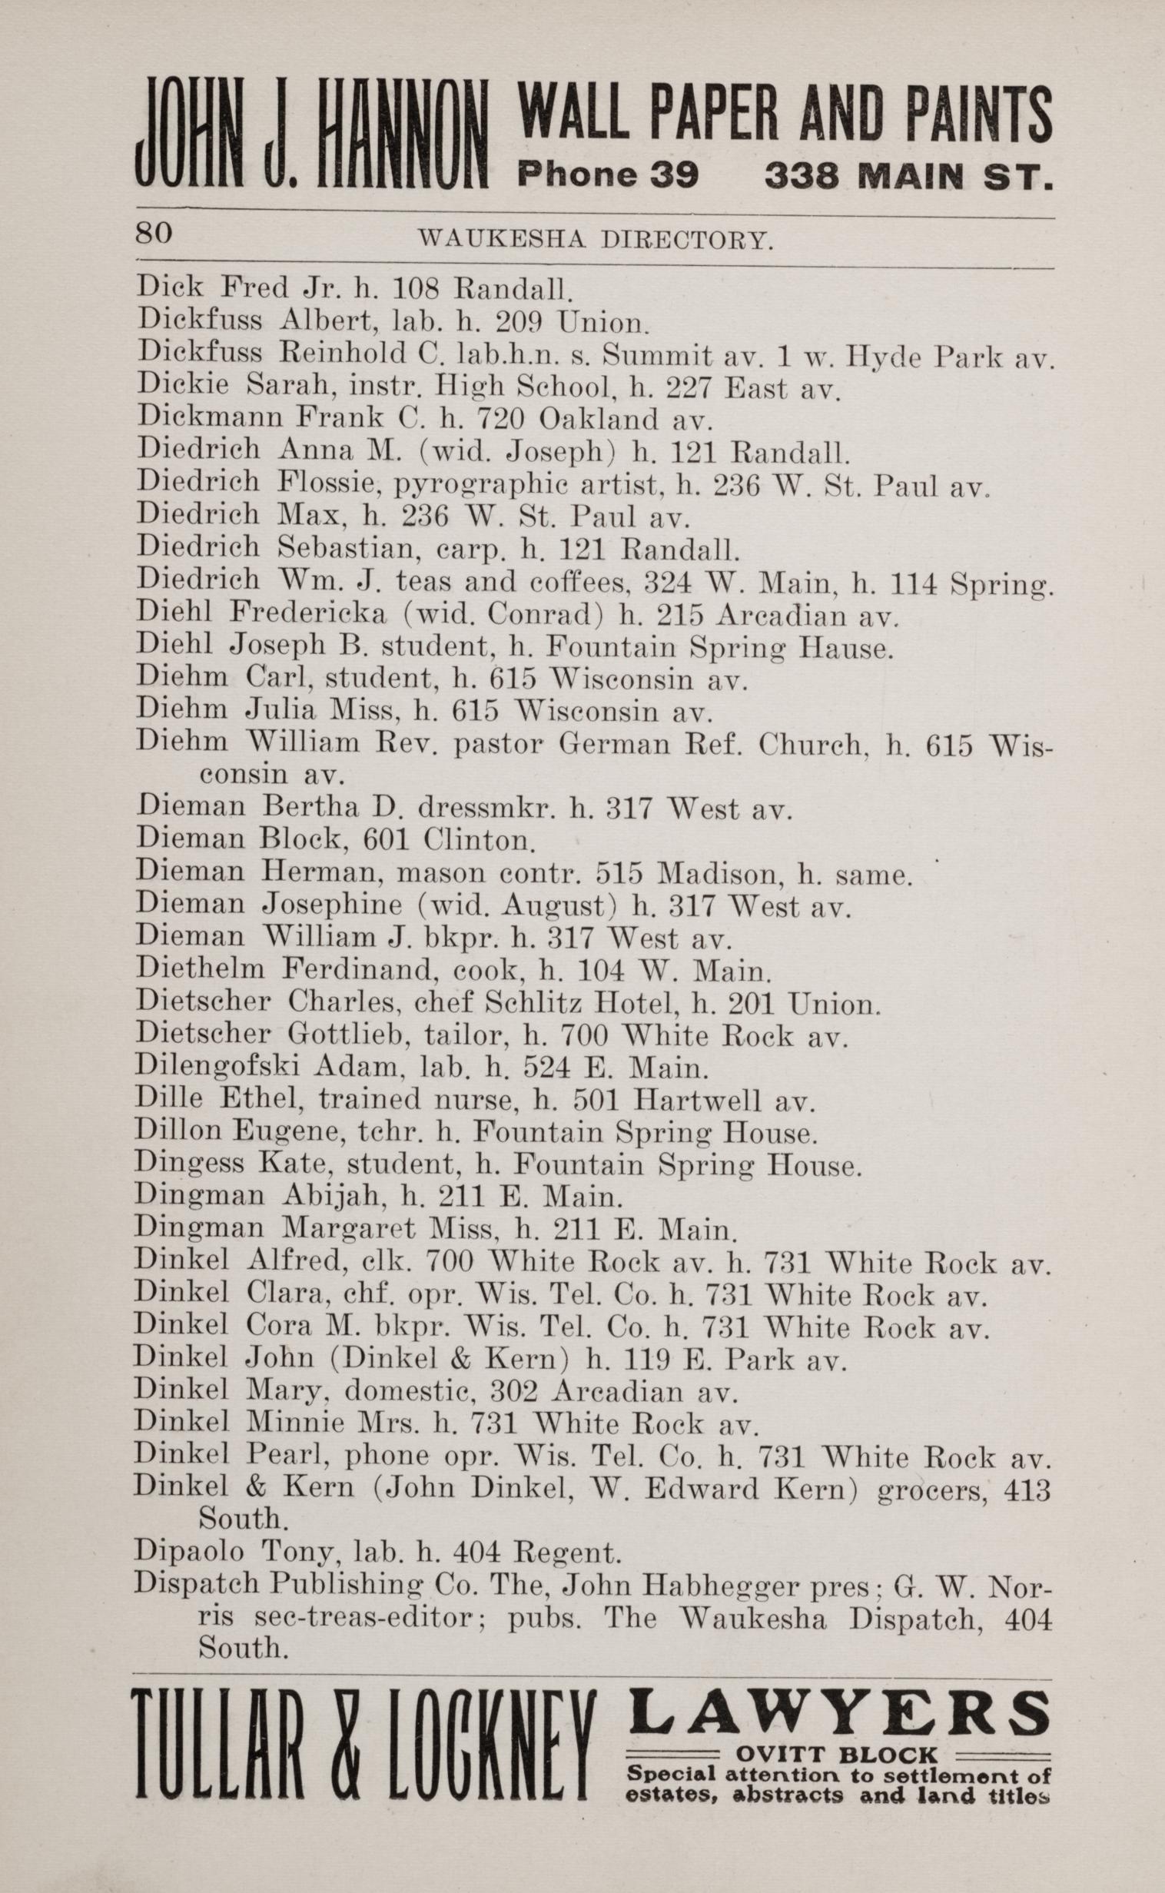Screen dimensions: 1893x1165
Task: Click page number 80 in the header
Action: point(154,233)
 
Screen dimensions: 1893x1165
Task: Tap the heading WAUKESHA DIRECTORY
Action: point(595,241)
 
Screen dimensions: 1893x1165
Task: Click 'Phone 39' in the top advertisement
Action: point(608,175)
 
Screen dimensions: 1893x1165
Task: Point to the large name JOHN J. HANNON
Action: point(312,137)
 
